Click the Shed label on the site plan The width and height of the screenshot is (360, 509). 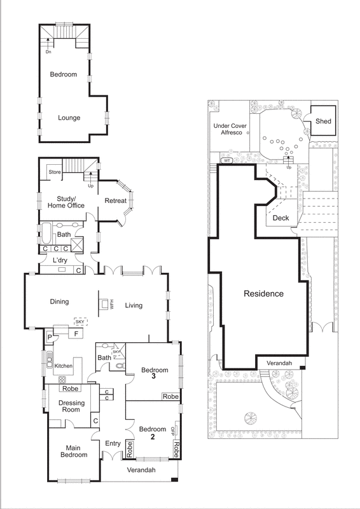pyautogui.click(x=323, y=122)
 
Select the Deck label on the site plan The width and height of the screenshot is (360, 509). pyautogui.click(x=280, y=218)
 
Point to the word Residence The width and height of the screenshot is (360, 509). pyautogui.click(x=263, y=294)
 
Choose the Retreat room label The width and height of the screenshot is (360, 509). pyautogui.click(x=116, y=201)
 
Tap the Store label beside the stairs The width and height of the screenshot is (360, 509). pyautogui.click(x=55, y=172)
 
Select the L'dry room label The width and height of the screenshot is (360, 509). pyautogui.click(x=60, y=261)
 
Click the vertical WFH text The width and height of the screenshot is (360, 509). pyautogui.click(x=111, y=304)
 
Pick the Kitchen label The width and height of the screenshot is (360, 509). pyautogui.click(x=63, y=366)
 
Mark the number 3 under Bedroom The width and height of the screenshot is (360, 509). pyautogui.click(x=155, y=377)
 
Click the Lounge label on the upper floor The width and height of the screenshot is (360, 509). pyautogui.click(x=69, y=118)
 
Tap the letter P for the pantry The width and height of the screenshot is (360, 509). pyautogui.click(x=48, y=336)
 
